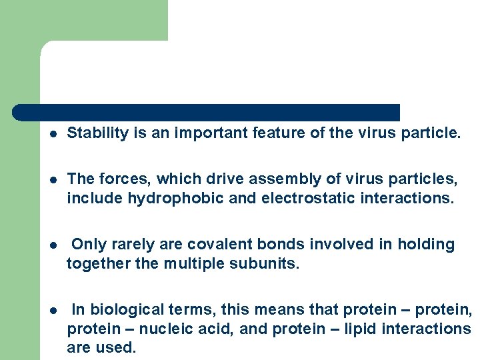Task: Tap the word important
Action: [x=211, y=133]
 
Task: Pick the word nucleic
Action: [x=182, y=329]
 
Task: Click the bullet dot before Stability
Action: [x=52, y=134]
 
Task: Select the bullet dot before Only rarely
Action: [x=52, y=245]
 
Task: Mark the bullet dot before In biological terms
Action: [x=52, y=310]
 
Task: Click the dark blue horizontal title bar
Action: [x=207, y=112]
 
